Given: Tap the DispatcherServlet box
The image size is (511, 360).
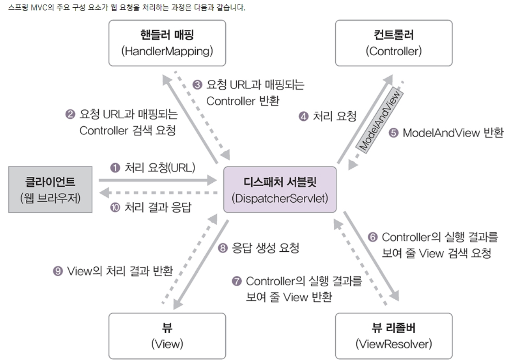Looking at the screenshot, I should point(280,190).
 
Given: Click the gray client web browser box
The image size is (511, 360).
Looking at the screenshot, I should point(50,190).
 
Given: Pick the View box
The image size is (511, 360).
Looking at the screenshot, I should point(167,336).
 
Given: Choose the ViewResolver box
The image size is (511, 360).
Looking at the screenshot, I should point(393,336).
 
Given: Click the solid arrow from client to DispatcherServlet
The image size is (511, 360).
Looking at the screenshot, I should point(157,180).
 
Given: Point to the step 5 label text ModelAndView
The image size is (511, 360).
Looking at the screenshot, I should point(438,133).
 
